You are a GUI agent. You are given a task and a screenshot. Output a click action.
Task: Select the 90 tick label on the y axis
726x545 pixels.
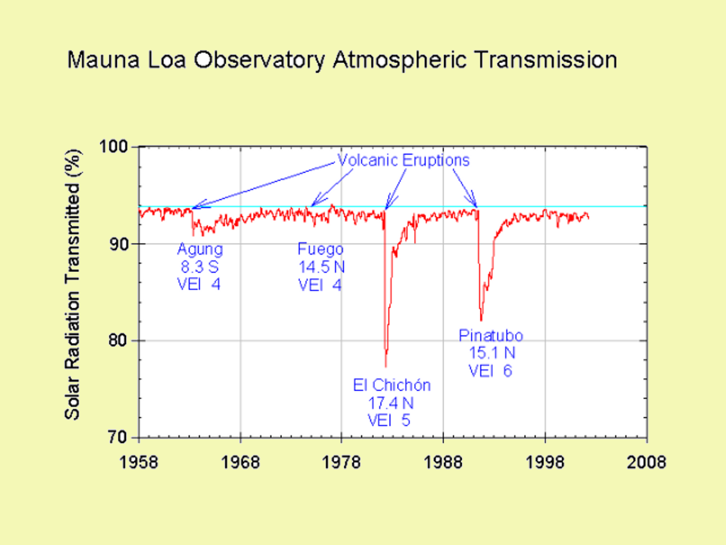click(x=119, y=244)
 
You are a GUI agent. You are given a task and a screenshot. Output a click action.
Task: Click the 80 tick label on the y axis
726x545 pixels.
click(x=119, y=341)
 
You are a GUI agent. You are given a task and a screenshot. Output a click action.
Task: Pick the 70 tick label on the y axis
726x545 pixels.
click(x=119, y=438)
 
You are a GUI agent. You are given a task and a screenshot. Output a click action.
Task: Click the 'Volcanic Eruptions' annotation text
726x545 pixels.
click(x=404, y=160)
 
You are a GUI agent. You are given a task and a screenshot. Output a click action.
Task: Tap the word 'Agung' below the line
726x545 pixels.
click(x=200, y=249)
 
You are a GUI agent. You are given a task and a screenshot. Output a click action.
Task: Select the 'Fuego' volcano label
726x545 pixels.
click(x=320, y=249)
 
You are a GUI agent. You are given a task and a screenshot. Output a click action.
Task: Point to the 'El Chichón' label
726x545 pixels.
click(x=392, y=385)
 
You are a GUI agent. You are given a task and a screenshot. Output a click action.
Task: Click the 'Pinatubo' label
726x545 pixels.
click(x=491, y=335)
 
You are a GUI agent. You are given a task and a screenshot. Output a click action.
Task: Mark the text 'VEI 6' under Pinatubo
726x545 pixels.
click(x=490, y=371)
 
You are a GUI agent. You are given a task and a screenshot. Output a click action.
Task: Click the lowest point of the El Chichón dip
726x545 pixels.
click(x=386, y=367)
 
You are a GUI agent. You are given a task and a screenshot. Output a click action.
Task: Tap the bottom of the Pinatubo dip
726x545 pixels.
click(x=481, y=321)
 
